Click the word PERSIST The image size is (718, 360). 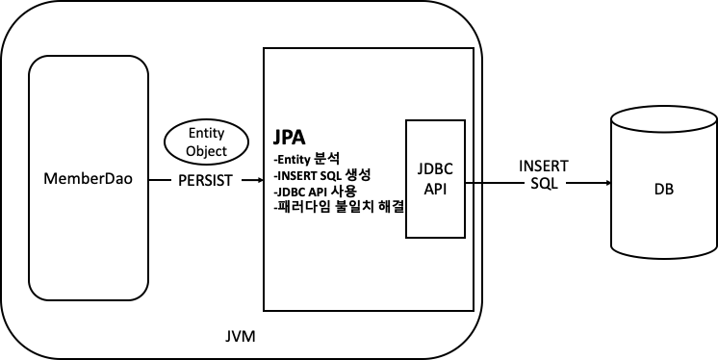(x=205, y=180)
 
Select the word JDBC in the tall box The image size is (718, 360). (x=435, y=168)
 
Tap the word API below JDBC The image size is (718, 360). (x=435, y=188)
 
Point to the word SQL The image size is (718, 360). (x=544, y=184)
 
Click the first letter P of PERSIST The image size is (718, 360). (x=183, y=180)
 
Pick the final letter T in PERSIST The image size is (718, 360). (x=228, y=180)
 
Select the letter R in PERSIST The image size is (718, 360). (x=201, y=180)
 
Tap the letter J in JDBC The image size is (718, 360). (x=421, y=168)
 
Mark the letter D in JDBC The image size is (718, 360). (x=428, y=168)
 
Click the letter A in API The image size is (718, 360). (x=428, y=188)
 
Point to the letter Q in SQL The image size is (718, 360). (x=544, y=184)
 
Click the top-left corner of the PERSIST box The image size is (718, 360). (x=172, y=166)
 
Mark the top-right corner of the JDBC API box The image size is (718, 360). (x=463, y=122)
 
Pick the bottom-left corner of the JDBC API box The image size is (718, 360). (x=408, y=236)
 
